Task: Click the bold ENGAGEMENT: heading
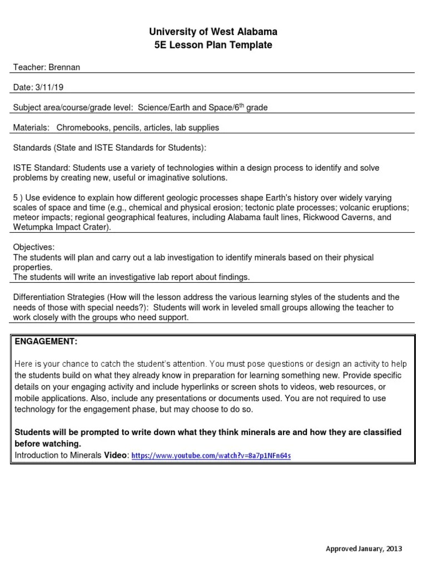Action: (46, 341)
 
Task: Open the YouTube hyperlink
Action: (211, 456)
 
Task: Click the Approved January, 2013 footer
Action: (363, 548)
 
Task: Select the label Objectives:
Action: (34, 247)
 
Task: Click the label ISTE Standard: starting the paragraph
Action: (41, 168)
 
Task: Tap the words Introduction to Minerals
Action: (58, 455)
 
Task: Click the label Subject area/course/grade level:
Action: (73, 107)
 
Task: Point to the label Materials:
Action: (31, 127)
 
